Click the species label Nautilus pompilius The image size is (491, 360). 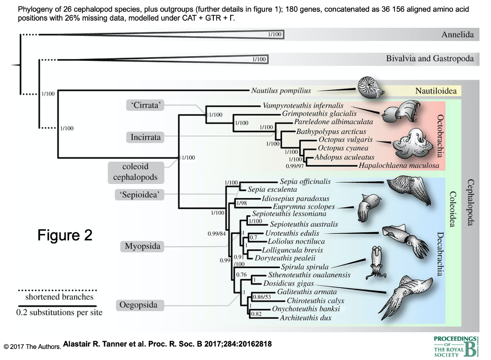pos(281,91)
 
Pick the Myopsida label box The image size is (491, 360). pos(140,247)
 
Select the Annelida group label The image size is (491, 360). pos(457,35)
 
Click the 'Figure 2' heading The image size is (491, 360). pos(65,235)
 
